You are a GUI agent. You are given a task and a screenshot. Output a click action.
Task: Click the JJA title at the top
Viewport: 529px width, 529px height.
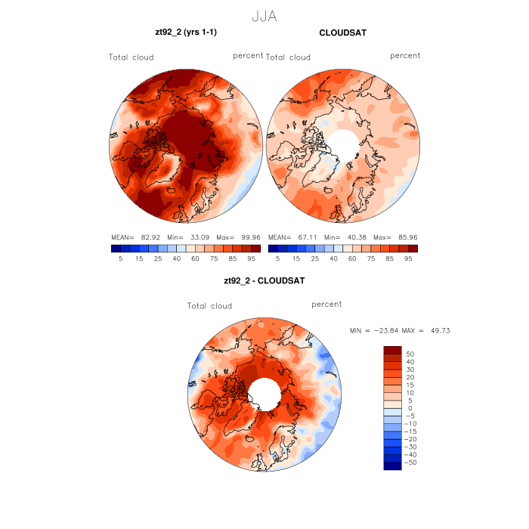click(264, 15)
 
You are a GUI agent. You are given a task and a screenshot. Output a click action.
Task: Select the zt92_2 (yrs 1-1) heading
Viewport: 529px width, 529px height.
click(186, 32)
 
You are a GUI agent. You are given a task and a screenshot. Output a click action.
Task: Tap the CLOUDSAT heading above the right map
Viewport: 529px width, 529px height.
click(342, 32)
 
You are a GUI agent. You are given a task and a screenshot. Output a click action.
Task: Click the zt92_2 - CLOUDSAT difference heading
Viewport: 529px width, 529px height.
click(264, 280)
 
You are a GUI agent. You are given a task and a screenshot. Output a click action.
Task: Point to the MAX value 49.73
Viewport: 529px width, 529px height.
click(438, 331)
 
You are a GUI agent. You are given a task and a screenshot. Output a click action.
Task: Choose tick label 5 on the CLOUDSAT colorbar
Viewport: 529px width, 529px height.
click(278, 258)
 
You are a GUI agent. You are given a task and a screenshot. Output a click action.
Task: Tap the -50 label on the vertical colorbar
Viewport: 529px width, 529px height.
click(412, 462)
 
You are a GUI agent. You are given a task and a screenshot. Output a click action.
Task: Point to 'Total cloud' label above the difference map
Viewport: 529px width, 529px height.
click(209, 306)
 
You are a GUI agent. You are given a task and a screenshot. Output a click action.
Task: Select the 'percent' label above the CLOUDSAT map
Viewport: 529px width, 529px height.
click(405, 56)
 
